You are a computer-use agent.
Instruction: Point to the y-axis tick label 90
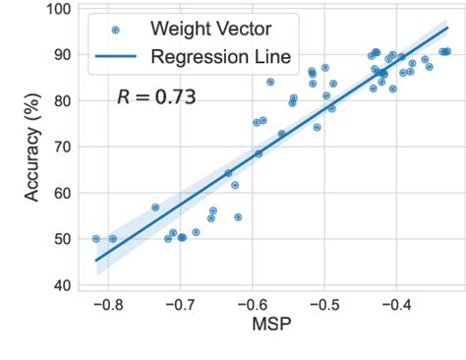[61, 55]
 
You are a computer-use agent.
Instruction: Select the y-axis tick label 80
[61, 101]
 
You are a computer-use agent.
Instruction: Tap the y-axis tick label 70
[61, 148]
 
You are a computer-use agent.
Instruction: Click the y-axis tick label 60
[61, 194]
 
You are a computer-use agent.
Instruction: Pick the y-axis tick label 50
[61, 239]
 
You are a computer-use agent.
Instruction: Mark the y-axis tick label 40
[61, 285]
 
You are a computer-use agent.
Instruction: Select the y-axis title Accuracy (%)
[31, 148]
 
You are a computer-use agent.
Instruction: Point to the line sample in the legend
[116, 58]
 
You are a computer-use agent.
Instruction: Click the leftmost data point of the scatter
[96, 239]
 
